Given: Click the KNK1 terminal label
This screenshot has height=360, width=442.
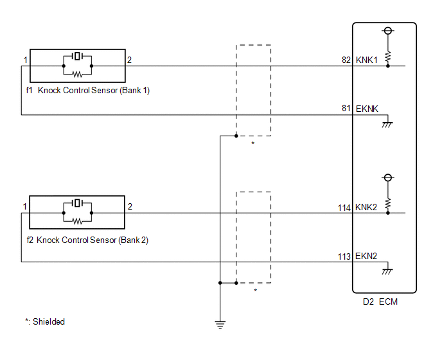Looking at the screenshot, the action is pyautogui.click(x=366, y=60).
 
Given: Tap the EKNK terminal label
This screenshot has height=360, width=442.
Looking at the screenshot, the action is pyautogui.click(x=367, y=109).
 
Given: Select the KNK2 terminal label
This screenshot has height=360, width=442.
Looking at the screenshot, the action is pyautogui.click(x=366, y=207).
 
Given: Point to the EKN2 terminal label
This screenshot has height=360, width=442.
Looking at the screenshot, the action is pyautogui.click(x=366, y=256).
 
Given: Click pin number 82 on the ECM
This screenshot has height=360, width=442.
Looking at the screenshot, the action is pyautogui.click(x=346, y=60).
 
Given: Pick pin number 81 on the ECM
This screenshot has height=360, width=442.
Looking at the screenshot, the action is pyautogui.click(x=346, y=109).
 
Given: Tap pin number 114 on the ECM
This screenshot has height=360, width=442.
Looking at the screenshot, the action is pyautogui.click(x=344, y=208).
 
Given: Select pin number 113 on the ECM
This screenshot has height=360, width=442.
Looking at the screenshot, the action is pyautogui.click(x=344, y=256).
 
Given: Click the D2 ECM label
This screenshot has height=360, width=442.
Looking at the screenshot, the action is pyautogui.click(x=380, y=301).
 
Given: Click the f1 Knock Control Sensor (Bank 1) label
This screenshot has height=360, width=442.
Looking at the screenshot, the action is pyautogui.click(x=87, y=90).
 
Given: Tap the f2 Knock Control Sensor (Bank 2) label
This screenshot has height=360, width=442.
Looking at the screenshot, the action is pyautogui.click(x=87, y=240).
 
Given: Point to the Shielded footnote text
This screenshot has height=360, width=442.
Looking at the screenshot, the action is pyautogui.click(x=45, y=321).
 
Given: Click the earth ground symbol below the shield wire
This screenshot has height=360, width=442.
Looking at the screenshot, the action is pyautogui.click(x=220, y=325).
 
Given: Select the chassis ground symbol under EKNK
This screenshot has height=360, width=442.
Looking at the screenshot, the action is pyautogui.click(x=387, y=125).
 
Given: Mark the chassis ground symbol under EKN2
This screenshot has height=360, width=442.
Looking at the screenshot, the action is pyautogui.click(x=387, y=271).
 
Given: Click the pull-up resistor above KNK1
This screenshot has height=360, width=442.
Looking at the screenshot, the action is pyautogui.click(x=388, y=57).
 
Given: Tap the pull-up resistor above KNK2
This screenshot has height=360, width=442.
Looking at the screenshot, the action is pyautogui.click(x=388, y=204).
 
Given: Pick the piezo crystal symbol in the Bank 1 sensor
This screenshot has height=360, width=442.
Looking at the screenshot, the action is pyautogui.click(x=77, y=56).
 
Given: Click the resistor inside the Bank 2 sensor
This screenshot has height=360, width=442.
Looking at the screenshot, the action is pyautogui.click(x=77, y=222).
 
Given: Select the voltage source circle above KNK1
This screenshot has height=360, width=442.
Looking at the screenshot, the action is pyautogui.click(x=388, y=30).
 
